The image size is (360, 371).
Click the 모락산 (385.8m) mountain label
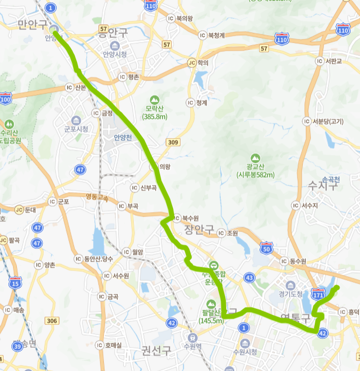pyautogui.click(x=154, y=112)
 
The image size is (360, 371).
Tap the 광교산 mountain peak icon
pyautogui.click(x=256, y=158)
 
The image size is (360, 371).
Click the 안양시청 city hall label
pyautogui.click(x=115, y=54)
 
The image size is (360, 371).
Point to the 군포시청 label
pyautogui.click(x=76, y=129)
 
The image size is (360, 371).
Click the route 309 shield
pyautogui.click(x=173, y=143)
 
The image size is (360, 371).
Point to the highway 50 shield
pyautogui.click(x=267, y=247)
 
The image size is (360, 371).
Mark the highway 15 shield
pyautogui.click(x=15, y=283)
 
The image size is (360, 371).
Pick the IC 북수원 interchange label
pyautogui.click(x=186, y=218)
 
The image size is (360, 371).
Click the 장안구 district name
pyautogui.click(x=198, y=229)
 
